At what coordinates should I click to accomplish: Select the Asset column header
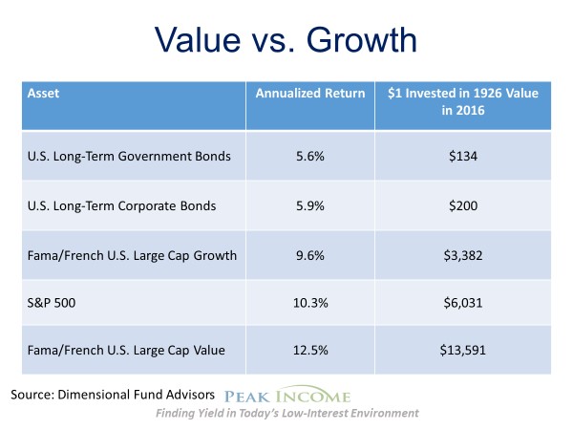coord(41,95)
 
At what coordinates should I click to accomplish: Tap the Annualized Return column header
coord(309,94)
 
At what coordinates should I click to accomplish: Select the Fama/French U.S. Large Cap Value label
coord(125,349)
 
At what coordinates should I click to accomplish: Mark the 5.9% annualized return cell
coord(308,205)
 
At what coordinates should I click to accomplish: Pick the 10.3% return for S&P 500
coord(308,301)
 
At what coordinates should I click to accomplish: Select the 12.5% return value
coord(308,349)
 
